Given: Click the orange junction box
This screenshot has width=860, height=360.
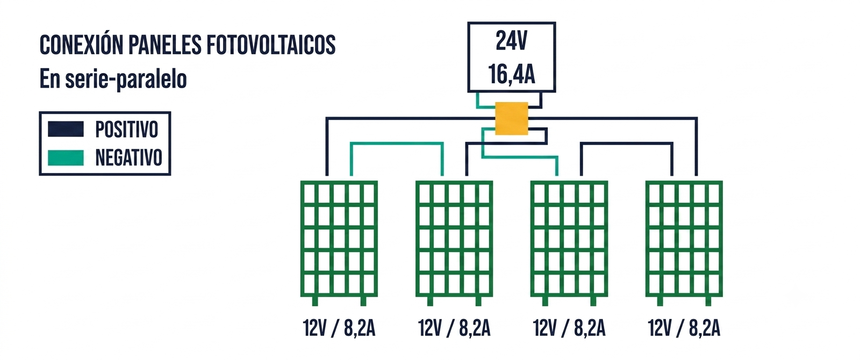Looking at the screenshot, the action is pos(511,118).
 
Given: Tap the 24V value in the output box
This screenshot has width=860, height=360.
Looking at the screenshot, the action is pos(511,41).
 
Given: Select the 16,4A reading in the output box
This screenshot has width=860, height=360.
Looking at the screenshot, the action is pos(511,74).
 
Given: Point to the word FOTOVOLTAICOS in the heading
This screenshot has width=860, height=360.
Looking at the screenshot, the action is pos(271,45).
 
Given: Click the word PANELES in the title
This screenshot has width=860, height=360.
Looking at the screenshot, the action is pos(164,45).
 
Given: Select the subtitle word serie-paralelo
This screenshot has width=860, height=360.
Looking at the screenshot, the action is pos(126,80).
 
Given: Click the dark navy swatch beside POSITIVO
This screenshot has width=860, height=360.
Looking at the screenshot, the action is pos(66,129).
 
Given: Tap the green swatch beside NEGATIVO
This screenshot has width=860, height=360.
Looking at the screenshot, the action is pos(66,158).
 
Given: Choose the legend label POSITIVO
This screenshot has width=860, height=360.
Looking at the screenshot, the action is pos(127,129).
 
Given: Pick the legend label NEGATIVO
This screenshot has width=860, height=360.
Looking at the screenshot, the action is pos(128,158).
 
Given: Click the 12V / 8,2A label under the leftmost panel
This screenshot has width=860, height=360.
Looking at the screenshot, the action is pos(339,328).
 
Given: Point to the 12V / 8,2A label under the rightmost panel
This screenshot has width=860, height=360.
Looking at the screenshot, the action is pos(684,328).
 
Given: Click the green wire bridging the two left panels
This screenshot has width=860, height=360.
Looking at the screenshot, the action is pos(397,143).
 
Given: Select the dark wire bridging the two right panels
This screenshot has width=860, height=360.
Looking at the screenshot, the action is pos(627,143).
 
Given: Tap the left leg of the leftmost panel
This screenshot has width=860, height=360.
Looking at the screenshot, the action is pos(315,301).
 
